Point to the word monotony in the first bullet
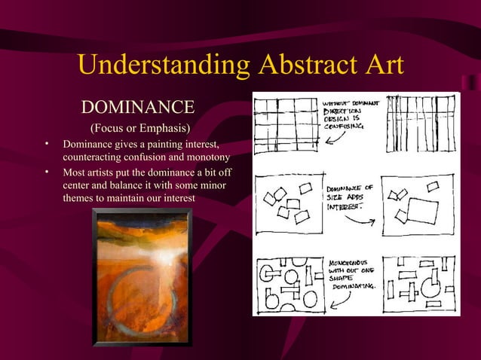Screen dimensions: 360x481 pos(207,157)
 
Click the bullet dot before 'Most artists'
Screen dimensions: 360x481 pos(46,172)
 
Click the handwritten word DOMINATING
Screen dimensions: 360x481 pos(354,287)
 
